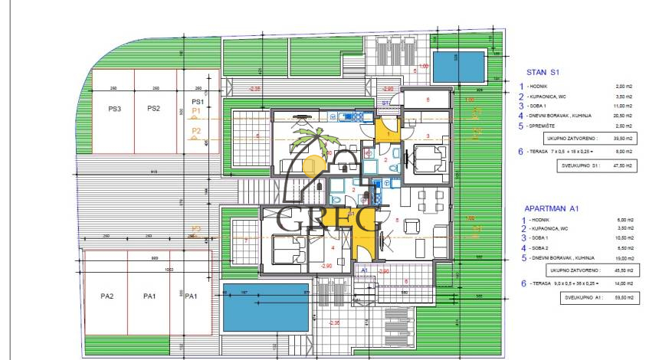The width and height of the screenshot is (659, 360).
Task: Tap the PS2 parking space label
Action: tap(153, 109)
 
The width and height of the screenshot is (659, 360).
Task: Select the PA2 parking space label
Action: tap(107, 295)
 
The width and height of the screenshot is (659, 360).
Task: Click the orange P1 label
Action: tap(195, 111)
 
